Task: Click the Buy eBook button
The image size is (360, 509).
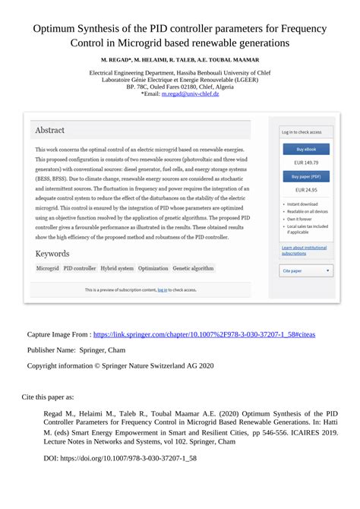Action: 306,149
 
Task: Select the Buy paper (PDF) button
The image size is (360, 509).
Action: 306,176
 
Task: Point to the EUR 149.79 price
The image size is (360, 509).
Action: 306,163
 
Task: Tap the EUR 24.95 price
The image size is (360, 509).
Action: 306,190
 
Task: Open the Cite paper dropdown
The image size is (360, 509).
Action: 306,270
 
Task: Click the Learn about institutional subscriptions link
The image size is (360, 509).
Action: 305,250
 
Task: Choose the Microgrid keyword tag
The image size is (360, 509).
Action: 47,268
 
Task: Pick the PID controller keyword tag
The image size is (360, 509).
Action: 80,268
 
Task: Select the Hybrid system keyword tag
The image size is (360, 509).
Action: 117,268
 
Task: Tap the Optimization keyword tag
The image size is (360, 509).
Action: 153,268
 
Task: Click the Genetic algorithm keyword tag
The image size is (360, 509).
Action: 193,268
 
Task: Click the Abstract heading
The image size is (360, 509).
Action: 50,130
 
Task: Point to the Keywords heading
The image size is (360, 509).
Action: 52,254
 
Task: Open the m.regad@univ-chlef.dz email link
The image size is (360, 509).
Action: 190,93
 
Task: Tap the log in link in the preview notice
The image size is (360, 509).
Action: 163,289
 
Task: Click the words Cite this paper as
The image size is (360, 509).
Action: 48,397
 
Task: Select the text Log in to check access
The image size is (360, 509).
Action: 302,131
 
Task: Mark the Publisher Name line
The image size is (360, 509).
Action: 76,349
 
